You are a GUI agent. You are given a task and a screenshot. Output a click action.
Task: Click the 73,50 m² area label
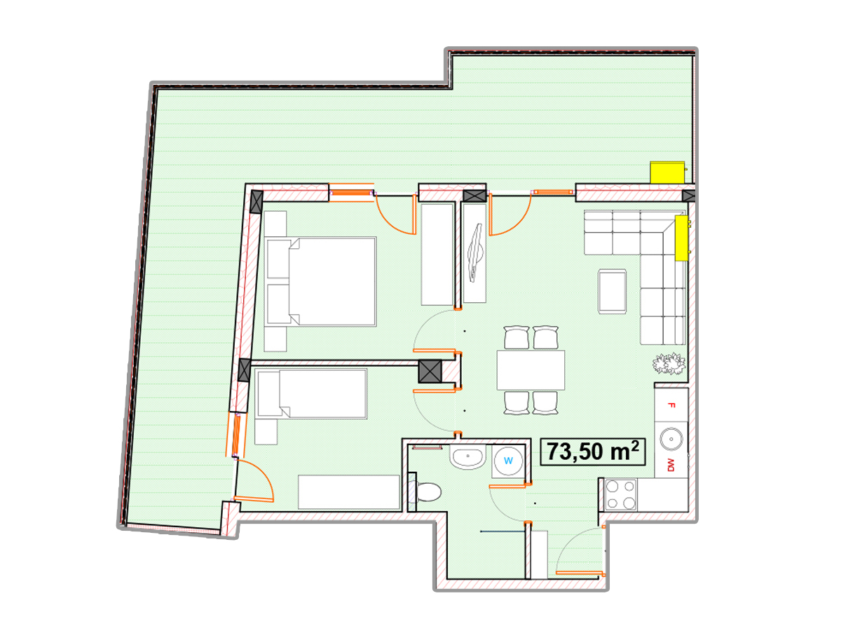point(592,452)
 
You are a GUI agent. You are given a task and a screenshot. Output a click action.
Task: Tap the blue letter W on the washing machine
point(508,461)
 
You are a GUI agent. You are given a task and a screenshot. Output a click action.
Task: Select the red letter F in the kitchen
point(671,405)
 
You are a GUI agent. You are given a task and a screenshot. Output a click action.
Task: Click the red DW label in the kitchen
point(671,465)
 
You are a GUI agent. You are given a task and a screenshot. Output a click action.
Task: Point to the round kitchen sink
point(671,439)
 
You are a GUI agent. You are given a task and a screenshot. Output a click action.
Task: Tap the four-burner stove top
point(620,494)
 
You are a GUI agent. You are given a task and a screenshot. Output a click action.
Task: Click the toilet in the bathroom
point(425,492)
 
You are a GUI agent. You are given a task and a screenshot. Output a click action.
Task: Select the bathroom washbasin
point(467,456)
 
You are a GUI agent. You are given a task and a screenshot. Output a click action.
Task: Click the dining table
point(531,370)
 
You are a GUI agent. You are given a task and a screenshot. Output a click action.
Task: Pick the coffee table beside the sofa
point(612,292)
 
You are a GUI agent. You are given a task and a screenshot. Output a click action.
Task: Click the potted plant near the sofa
point(669,363)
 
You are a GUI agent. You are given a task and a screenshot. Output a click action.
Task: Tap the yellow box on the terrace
point(667,172)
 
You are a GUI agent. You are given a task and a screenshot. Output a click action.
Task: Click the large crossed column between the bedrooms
point(430,371)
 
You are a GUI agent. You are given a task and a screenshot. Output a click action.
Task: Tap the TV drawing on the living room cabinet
point(475,252)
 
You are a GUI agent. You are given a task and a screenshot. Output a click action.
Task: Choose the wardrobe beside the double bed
point(437,255)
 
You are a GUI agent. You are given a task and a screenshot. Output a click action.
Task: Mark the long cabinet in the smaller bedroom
point(348,492)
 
